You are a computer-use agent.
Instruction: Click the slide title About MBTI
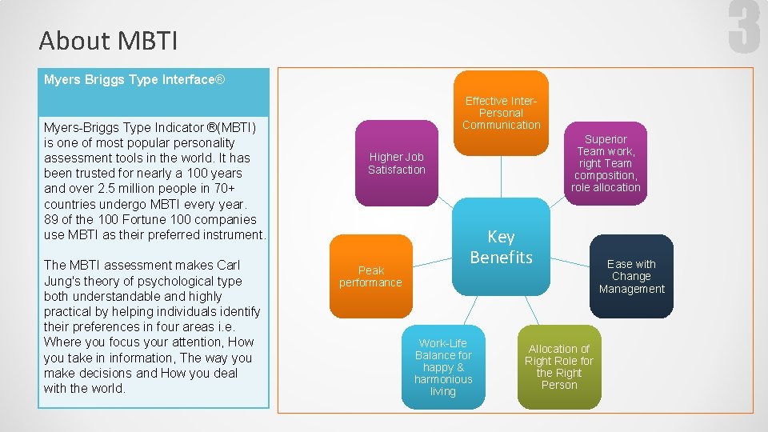(108, 40)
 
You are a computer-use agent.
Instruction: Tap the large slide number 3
(743, 27)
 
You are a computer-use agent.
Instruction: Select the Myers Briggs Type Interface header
(134, 80)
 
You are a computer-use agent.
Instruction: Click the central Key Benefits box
(502, 246)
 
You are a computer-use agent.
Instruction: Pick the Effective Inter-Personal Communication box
(502, 112)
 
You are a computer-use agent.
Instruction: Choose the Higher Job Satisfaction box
(396, 163)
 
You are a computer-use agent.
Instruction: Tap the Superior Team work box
(606, 163)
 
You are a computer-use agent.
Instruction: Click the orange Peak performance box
(370, 276)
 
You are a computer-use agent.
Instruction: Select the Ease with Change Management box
(631, 276)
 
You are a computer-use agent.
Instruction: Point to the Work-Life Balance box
(443, 367)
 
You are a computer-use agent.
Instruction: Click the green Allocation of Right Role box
(558, 367)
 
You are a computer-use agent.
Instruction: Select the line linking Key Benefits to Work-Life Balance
(474, 310)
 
